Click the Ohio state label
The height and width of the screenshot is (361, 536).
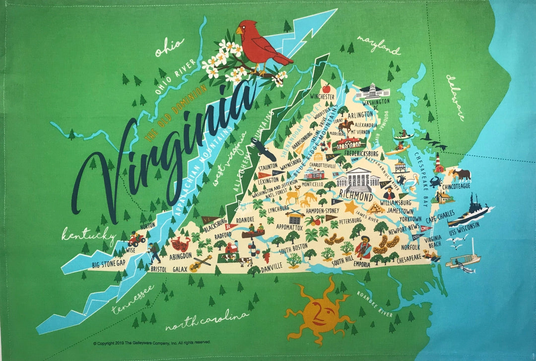pyautogui.click(x=169, y=47)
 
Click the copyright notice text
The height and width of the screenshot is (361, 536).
pyautogui.click(x=151, y=343)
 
